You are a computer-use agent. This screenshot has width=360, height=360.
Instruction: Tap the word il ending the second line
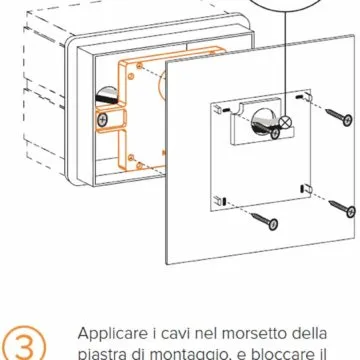pos(352,350)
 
